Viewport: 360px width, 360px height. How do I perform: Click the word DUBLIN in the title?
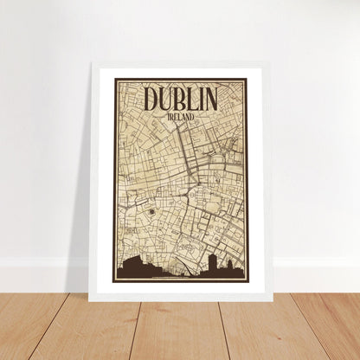point(180,98)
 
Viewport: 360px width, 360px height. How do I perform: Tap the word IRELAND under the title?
point(181,115)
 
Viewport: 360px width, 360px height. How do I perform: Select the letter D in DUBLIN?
point(151,98)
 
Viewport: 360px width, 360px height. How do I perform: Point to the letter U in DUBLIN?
point(166,98)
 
